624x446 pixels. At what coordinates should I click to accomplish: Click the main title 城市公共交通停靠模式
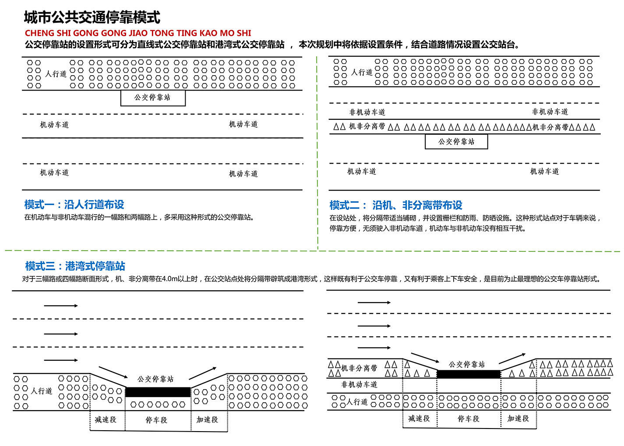(x=92, y=17)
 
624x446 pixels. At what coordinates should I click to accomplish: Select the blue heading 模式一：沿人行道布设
(x=74, y=205)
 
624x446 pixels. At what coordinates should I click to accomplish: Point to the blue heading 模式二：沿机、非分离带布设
(x=396, y=206)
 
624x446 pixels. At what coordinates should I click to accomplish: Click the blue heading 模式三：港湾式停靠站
(x=75, y=266)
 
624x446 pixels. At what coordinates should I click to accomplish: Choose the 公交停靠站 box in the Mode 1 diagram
(x=153, y=98)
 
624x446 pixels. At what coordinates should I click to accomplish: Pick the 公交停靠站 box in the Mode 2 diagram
(x=456, y=142)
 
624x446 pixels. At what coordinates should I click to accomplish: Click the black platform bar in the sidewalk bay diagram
(x=158, y=392)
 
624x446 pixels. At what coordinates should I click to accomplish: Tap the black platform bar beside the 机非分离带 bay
(x=469, y=374)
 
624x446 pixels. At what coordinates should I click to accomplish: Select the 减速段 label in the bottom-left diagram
(x=106, y=420)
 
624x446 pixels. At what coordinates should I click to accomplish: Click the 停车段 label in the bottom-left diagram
(x=156, y=420)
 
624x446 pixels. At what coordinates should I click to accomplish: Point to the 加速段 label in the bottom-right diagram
(x=518, y=418)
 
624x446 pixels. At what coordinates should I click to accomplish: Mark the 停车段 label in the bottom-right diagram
(x=469, y=419)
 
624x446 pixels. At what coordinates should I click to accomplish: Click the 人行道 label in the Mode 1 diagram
(x=56, y=74)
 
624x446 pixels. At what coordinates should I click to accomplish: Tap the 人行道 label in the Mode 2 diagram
(x=362, y=72)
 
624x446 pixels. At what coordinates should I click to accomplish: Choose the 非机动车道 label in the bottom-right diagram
(x=360, y=384)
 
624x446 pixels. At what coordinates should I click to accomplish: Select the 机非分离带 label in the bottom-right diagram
(x=359, y=368)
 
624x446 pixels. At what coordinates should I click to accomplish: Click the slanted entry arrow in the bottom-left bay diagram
(x=113, y=372)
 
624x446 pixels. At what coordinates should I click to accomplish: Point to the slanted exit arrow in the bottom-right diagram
(x=512, y=359)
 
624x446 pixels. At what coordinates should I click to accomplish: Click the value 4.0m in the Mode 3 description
(x=169, y=279)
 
